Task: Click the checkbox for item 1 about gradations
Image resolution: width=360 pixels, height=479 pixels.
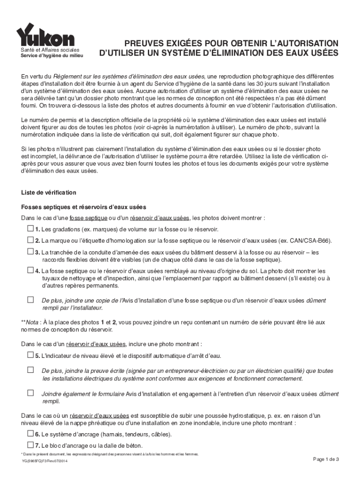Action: point(30,229)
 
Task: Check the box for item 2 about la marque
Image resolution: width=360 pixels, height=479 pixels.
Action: point(30,240)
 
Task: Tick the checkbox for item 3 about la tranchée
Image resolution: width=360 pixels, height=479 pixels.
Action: point(30,252)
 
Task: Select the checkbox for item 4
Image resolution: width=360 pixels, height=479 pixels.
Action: point(30,270)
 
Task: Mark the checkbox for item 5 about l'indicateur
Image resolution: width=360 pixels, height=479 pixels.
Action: point(30,355)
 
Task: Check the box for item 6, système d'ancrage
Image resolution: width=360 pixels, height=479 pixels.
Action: point(30,433)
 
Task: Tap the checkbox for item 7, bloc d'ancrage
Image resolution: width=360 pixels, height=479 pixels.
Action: point(30,444)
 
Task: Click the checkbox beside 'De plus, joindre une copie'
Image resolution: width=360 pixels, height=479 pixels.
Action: point(30,300)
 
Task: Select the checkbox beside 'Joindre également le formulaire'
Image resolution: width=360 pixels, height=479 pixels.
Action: point(30,393)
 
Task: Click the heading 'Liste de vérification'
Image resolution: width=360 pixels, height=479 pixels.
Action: point(49,193)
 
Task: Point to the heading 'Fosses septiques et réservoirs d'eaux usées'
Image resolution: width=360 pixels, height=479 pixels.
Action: point(84,207)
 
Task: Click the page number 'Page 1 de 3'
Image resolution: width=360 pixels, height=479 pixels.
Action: point(326,459)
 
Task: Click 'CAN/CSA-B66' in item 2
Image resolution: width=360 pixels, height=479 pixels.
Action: point(312,241)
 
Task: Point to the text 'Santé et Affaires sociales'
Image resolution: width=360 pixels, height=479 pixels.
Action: point(52,50)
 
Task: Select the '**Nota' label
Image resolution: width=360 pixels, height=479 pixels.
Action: point(30,322)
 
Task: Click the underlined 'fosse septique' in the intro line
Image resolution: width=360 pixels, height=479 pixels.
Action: point(88,218)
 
